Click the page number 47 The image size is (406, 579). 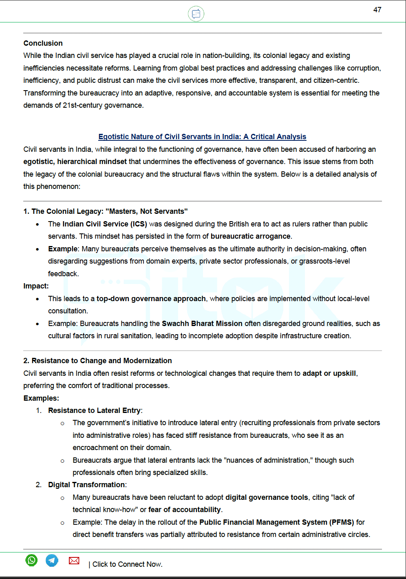(377, 10)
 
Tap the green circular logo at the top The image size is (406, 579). (196, 14)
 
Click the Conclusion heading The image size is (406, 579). (43, 43)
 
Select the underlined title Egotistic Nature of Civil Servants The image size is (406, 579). (202, 137)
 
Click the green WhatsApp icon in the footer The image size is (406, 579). (31, 560)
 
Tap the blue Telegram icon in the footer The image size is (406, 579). (52, 560)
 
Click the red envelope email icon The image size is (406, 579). (74, 561)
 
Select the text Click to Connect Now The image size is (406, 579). (127, 564)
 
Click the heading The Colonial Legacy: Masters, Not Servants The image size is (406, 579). (105, 211)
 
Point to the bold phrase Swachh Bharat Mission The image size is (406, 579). (202, 324)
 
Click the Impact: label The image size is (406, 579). (36, 286)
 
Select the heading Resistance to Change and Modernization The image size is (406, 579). (97, 361)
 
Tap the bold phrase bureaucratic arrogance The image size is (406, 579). (250, 236)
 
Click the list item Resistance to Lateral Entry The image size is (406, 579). (95, 410)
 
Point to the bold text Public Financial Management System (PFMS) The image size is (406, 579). (276, 522)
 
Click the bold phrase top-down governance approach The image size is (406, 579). (151, 299)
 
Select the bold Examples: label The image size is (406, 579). (41, 398)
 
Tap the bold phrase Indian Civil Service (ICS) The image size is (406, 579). (104, 224)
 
